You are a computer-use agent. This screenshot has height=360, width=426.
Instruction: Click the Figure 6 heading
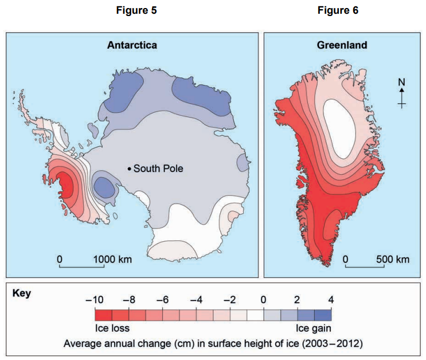click(338, 10)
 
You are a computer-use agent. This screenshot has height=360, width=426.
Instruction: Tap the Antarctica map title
click(132, 45)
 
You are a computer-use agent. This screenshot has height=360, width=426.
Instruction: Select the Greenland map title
click(342, 45)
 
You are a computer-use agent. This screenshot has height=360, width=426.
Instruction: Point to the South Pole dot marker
click(129, 169)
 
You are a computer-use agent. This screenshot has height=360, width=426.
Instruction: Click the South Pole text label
click(158, 169)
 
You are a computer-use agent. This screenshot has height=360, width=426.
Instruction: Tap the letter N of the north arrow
click(402, 81)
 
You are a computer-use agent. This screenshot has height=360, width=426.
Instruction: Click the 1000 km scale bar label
click(112, 259)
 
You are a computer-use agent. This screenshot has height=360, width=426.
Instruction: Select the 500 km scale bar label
click(393, 259)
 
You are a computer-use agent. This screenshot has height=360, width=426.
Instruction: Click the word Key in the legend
click(22, 294)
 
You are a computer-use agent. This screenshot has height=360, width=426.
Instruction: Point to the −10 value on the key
click(94, 299)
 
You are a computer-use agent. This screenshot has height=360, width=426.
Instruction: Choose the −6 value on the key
click(163, 299)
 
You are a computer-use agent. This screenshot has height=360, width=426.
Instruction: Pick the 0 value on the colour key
click(264, 299)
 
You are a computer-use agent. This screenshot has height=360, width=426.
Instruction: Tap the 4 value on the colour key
click(330, 299)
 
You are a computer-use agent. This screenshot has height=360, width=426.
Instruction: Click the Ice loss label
click(112, 328)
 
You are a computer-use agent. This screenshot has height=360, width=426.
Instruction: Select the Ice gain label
click(314, 328)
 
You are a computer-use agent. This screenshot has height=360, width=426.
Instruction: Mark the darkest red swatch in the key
click(103, 315)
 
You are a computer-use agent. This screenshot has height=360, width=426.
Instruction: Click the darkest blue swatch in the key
click(323, 315)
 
